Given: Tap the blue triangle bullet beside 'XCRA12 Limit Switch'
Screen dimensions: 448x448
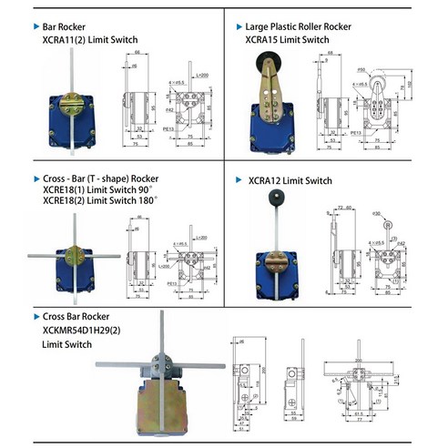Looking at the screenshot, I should pos(239,180).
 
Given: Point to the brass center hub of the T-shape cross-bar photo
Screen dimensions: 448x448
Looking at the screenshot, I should pos(72,256).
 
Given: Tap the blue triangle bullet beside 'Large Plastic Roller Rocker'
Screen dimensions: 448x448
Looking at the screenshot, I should pos(239,28).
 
